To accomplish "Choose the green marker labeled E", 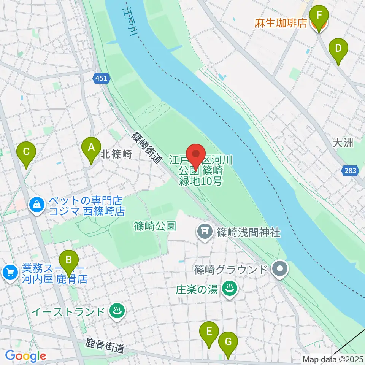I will tap(209, 334).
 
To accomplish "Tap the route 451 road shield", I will tap(101, 78).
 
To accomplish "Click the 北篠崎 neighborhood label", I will tap(116, 154).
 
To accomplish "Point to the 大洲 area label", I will tap(343, 143).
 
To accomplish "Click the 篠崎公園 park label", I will tap(155, 226).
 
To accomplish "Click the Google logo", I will tap(25, 356).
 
